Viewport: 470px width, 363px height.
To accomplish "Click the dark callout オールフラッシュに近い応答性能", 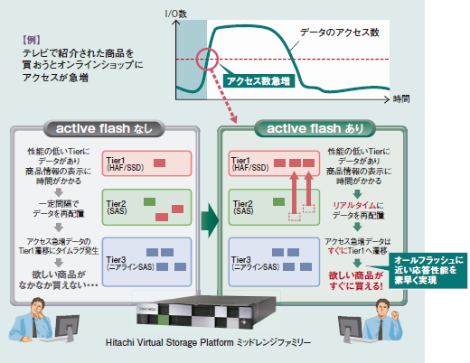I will click(429, 269).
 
